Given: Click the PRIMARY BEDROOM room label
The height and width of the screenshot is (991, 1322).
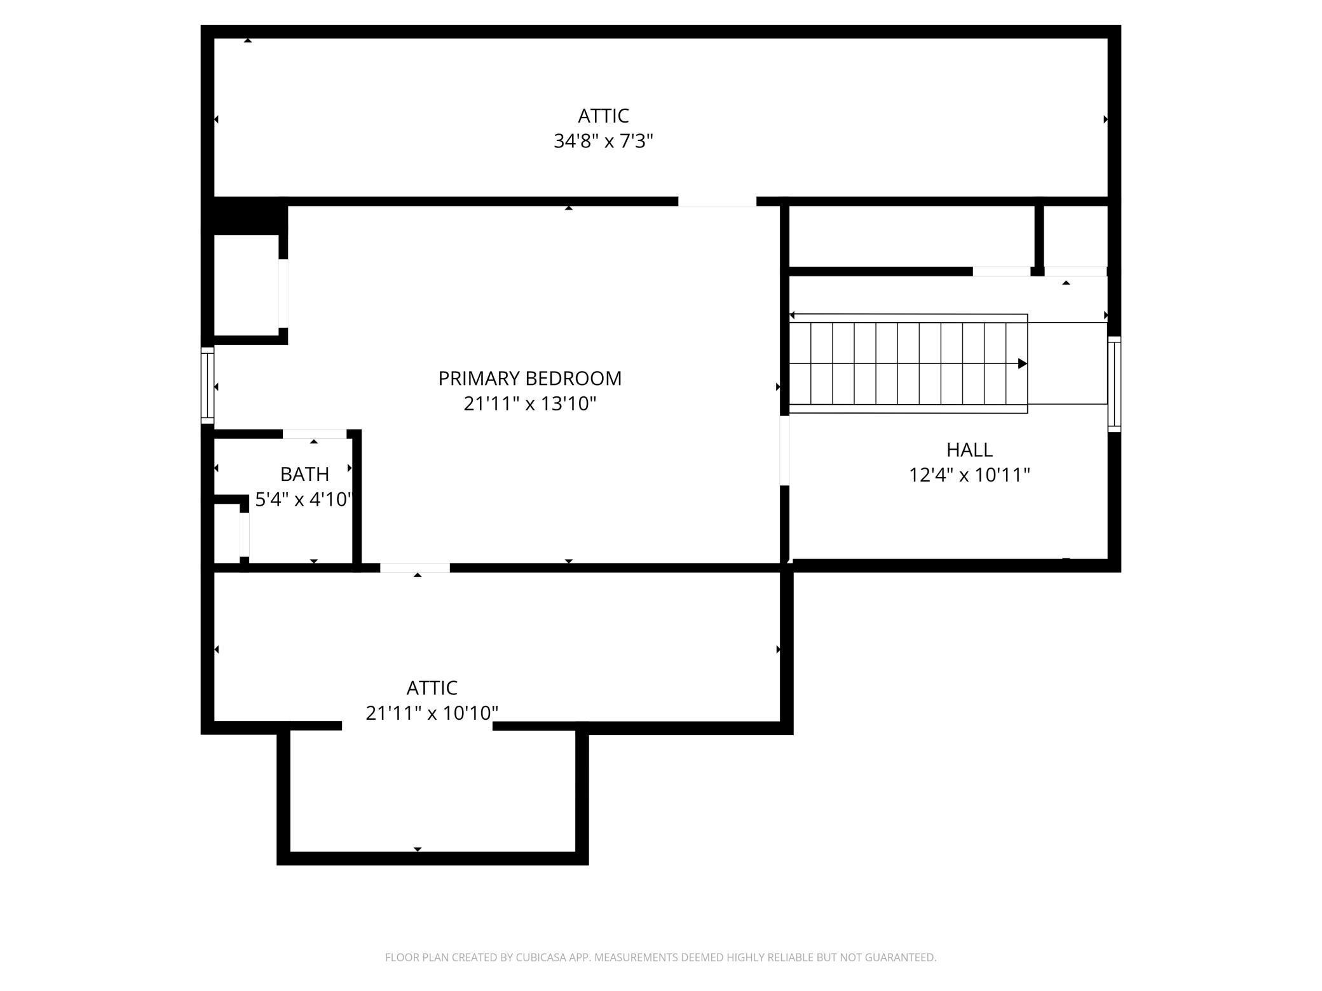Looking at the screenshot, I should [x=529, y=379].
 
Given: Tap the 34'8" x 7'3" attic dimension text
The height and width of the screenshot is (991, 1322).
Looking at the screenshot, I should [x=603, y=141].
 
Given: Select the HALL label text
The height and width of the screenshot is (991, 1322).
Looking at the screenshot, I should [x=969, y=450].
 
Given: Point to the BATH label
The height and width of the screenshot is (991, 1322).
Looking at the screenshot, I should [x=304, y=475].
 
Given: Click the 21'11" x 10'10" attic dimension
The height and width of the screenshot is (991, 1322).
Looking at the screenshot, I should [x=432, y=713].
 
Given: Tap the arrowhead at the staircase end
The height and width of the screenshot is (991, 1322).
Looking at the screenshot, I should [x=1022, y=364].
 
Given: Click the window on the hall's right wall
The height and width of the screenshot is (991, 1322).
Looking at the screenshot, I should [x=1114, y=384].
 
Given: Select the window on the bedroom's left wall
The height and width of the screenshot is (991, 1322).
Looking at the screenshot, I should [x=207, y=385].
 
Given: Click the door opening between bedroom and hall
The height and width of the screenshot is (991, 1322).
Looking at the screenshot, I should [x=784, y=450].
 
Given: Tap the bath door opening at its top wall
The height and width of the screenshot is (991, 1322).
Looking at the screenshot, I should [x=314, y=435].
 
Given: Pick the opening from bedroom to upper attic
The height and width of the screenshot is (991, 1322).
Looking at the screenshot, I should [x=716, y=201].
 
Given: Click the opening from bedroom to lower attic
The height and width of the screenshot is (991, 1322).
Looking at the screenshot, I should [x=414, y=568].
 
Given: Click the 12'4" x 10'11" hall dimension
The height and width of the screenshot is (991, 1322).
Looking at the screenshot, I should [x=969, y=475].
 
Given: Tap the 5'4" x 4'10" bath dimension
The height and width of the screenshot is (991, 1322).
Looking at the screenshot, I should [x=303, y=500].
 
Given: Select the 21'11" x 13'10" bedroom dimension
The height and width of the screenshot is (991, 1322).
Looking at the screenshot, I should [x=529, y=404].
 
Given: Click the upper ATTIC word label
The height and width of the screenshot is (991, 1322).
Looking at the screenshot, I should [x=603, y=116].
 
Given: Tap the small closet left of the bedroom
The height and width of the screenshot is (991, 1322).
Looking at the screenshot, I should [x=246, y=285].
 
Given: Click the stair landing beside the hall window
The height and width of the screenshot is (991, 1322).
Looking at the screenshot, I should [x=1067, y=363].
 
